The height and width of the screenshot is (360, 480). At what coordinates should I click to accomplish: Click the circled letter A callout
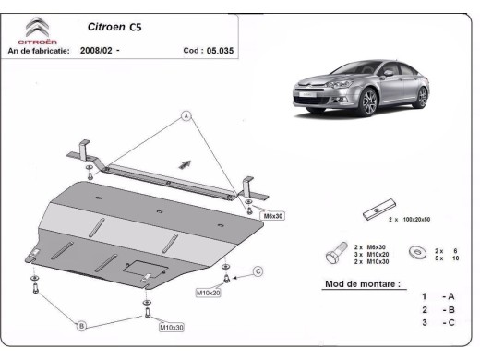click(186, 116)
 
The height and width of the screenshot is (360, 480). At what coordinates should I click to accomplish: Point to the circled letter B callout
click(81, 326)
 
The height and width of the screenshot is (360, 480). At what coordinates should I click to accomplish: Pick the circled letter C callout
click(258, 270)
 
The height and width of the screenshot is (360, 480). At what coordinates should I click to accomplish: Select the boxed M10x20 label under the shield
click(208, 293)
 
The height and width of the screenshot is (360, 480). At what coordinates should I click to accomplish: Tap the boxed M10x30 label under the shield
click(172, 327)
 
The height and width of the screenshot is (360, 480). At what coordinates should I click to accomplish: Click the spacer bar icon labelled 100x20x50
click(378, 210)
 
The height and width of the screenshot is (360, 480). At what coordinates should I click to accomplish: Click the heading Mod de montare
click(362, 284)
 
